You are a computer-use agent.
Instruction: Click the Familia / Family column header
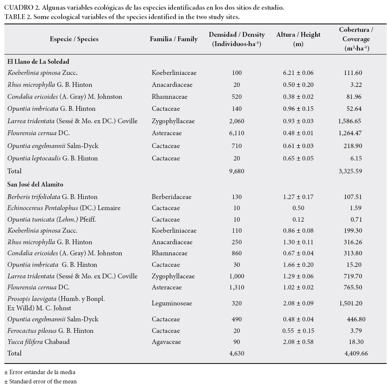(x=174, y=39)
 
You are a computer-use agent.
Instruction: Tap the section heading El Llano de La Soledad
(x=39, y=62)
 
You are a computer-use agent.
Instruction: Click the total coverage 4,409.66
(x=356, y=353)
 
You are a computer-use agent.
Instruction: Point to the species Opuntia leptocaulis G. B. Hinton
(x=52, y=158)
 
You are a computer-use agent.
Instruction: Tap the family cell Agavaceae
(x=167, y=342)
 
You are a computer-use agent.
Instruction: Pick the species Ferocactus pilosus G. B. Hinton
(x=50, y=331)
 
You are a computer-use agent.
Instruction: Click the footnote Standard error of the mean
(x=42, y=381)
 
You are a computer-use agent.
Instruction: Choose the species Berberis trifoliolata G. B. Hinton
(x=52, y=197)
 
